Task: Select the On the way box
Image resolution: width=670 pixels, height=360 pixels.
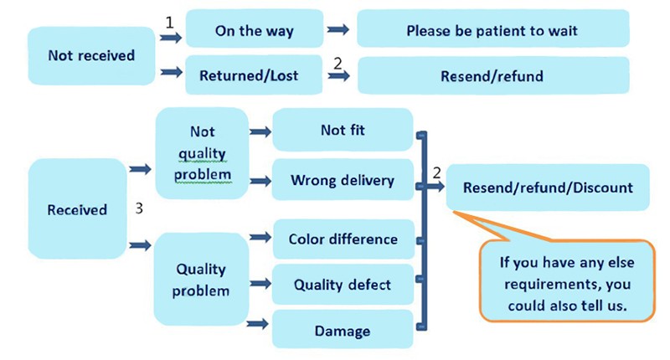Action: [x=254, y=31]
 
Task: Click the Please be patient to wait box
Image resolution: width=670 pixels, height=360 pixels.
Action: [x=492, y=31]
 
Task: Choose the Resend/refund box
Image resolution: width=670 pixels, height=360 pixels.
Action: [x=492, y=76]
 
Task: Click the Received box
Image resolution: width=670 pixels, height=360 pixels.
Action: [x=76, y=209]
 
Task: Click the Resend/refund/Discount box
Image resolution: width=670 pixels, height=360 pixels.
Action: [x=548, y=186]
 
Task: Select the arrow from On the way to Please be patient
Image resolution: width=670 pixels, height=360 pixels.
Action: [x=338, y=31]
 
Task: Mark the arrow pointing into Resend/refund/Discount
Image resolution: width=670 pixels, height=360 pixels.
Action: [x=435, y=186]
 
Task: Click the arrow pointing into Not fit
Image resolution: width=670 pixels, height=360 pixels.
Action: [x=260, y=131]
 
